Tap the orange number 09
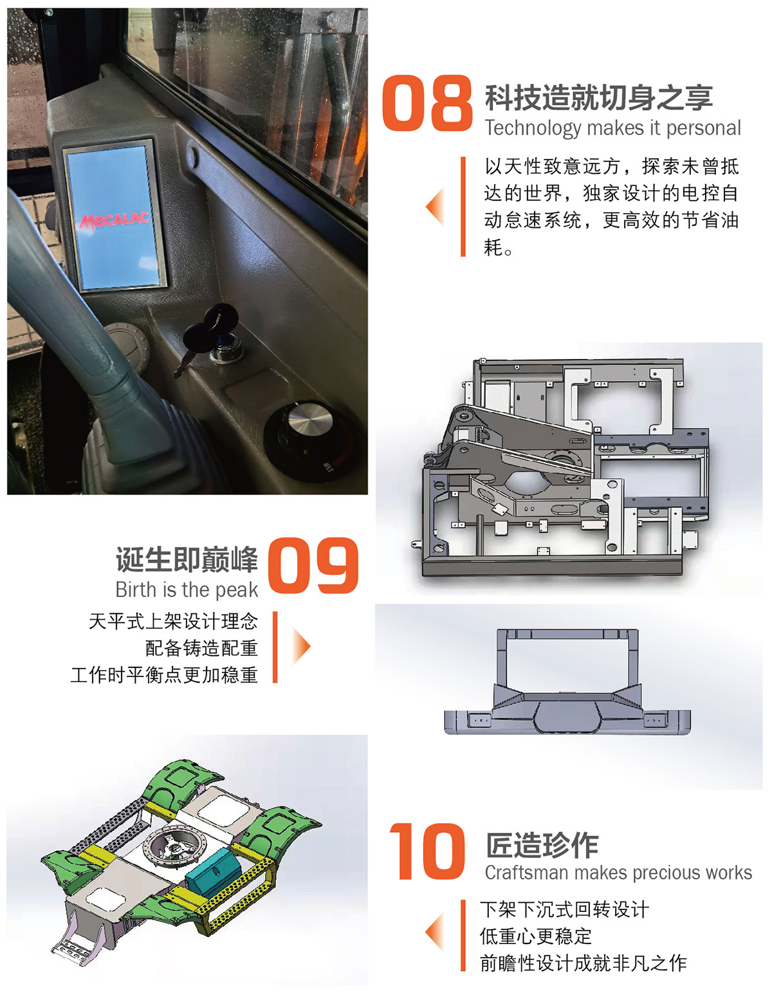click(x=313, y=565)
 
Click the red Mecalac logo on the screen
click(x=114, y=220)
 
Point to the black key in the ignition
click(x=208, y=330)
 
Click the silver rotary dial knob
click(x=310, y=418)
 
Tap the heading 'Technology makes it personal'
click(x=612, y=128)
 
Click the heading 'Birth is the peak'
click(x=187, y=590)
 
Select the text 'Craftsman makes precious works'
click(x=618, y=873)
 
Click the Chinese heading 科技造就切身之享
click(x=598, y=97)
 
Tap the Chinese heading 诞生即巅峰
click(x=187, y=559)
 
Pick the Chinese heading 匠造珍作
click(x=542, y=845)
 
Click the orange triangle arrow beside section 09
click(x=301, y=646)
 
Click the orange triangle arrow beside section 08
click(x=435, y=207)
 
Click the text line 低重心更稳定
click(x=536, y=936)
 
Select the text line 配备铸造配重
click(x=201, y=647)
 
